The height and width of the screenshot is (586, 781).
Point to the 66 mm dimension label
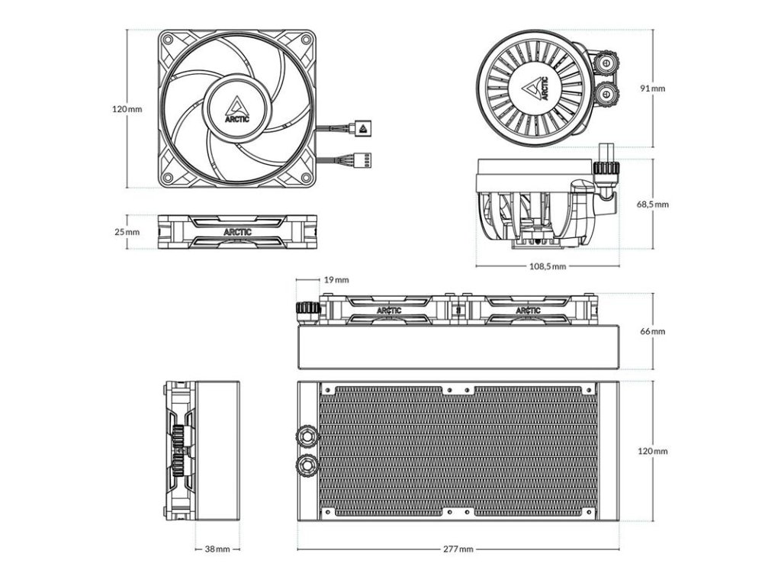(x=653, y=331)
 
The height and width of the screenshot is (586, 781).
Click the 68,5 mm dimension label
(x=653, y=204)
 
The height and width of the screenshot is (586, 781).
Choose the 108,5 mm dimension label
(x=548, y=266)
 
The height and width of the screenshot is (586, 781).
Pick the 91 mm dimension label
(x=653, y=89)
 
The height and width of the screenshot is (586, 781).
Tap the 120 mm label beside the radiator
(x=653, y=451)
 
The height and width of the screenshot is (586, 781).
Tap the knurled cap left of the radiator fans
(x=306, y=311)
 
